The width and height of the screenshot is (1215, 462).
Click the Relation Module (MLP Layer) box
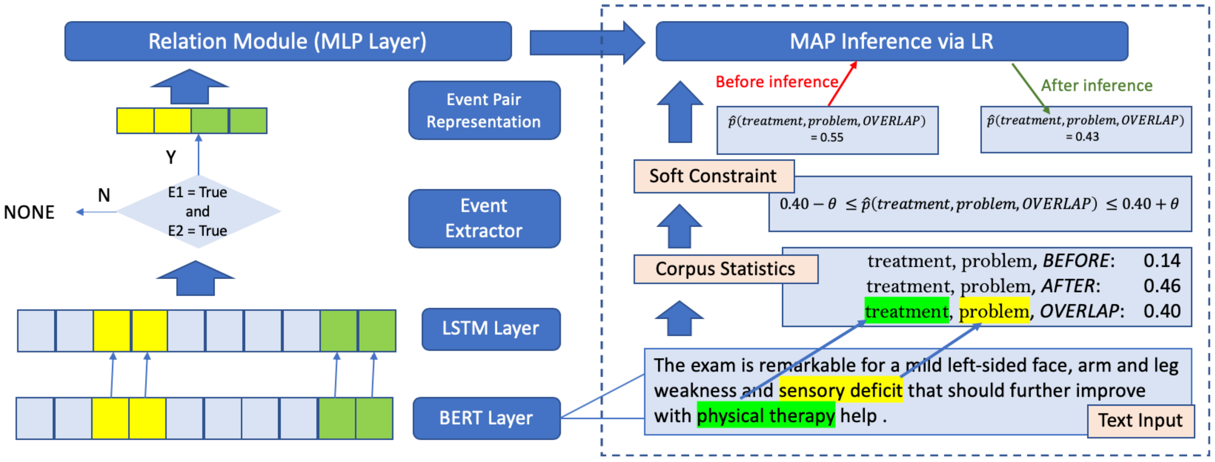pyautogui.click(x=288, y=41)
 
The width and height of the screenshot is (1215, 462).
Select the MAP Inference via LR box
pyautogui.click(x=891, y=41)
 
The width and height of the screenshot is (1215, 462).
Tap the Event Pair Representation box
pyautogui.click(x=484, y=111)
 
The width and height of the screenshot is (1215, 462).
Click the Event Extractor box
pyautogui.click(x=484, y=218)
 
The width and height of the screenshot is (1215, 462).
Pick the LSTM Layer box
pyautogui.click(x=491, y=329)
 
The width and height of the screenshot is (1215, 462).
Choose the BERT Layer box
pyautogui.click(x=486, y=418)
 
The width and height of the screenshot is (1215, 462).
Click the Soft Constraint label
pyautogui.click(x=713, y=176)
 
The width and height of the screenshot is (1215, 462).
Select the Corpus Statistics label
pyautogui.click(x=725, y=269)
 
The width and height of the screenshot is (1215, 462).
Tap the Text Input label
pyautogui.click(x=1140, y=421)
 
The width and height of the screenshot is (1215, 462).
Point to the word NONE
pyautogui.click(x=29, y=213)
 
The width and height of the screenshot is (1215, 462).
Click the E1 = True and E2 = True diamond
pyautogui.click(x=198, y=212)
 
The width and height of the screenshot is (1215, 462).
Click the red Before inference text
pyautogui.click(x=777, y=82)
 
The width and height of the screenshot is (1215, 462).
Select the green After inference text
pyautogui.click(x=1097, y=86)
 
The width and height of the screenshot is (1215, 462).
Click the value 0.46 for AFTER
pyautogui.click(x=1162, y=286)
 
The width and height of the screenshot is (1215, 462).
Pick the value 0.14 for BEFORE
pyautogui.click(x=1162, y=261)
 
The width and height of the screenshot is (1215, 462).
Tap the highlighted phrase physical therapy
pyautogui.click(x=766, y=416)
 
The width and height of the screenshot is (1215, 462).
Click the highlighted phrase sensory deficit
pyautogui.click(x=840, y=391)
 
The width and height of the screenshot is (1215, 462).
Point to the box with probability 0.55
pyautogui.click(x=827, y=130)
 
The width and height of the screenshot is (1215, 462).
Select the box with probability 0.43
pyautogui.click(x=1086, y=130)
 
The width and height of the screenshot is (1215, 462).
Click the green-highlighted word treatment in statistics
pyautogui.click(x=906, y=311)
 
